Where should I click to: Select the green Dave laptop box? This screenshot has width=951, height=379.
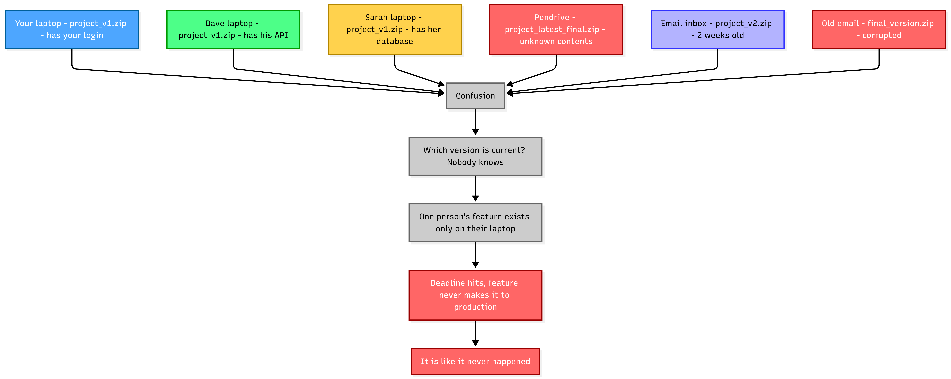pyautogui.click(x=233, y=29)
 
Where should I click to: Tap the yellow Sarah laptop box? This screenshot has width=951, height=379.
pyautogui.click(x=395, y=29)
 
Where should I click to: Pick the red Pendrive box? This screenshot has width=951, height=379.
pyautogui.click(x=556, y=29)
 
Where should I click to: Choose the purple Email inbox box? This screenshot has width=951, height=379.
pyautogui.click(x=717, y=29)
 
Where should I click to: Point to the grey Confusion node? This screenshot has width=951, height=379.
pyautogui.click(x=476, y=96)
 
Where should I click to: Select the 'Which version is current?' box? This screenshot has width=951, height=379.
pyautogui.click(x=476, y=156)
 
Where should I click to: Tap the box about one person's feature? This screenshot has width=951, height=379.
pyautogui.click(x=476, y=223)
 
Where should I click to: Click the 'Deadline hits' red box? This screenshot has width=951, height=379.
pyautogui.click(x=476, y=295)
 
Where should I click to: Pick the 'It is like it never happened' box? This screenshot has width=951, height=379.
pyautogui.click(x=476, y=361)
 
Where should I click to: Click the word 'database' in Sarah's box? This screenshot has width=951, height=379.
pyautogui.click(x=395, y=41)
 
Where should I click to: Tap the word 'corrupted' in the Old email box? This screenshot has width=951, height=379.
pyautogui.click(x=882, y=35)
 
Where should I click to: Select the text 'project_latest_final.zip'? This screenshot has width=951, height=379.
pyautogui.click(x=552, y=29)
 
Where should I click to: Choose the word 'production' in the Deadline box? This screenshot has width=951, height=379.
pyautogui.click(x=476, y=307)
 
